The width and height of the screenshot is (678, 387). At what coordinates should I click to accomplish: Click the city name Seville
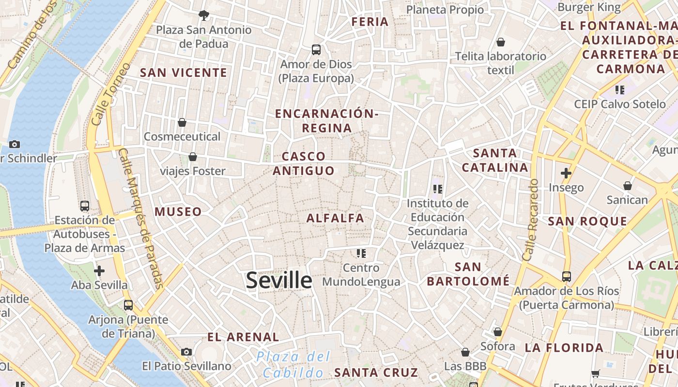click(279, 281)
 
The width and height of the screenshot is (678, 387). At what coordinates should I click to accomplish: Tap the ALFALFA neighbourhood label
click(335, 218)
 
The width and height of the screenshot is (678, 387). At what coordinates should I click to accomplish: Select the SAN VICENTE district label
click(184, 73)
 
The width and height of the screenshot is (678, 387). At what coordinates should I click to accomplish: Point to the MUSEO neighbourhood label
click(178, 212)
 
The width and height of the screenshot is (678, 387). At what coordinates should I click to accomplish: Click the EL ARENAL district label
click(243, 337)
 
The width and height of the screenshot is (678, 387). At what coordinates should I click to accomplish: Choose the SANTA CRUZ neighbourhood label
click(376, 372)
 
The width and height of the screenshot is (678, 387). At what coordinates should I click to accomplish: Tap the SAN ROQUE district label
click(587, 222)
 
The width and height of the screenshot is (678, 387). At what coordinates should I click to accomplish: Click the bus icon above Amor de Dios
click(316, 49)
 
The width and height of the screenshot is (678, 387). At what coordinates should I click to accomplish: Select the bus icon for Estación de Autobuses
click(85, 206)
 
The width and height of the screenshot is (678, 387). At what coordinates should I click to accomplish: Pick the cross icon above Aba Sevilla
click(99, 270)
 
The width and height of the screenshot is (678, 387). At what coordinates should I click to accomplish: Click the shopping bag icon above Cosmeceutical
click(182, 122)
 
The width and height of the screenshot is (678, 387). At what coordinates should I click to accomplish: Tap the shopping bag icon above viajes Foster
click(193, 157)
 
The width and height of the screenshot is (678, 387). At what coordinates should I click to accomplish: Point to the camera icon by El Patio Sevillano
click(186, 352)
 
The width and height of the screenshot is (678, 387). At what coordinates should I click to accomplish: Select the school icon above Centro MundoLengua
click(361, 253)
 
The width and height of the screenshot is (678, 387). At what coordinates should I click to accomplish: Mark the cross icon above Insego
click(566, 173)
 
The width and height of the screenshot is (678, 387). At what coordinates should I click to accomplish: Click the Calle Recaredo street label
click(532, 220)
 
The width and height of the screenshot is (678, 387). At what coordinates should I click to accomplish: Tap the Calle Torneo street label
click(110, 95)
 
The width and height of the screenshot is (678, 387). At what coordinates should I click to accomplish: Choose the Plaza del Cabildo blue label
click(293, 365)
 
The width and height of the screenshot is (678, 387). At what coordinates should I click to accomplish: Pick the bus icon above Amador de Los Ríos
click(566, 277)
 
